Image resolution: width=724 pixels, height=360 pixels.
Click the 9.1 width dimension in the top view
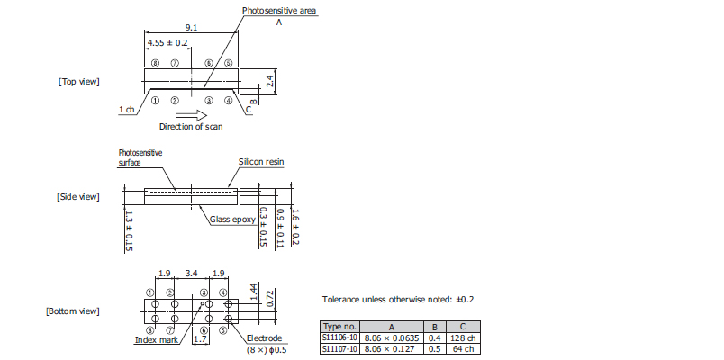(191, 27)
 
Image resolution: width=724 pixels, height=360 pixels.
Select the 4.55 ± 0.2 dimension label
(167, 43)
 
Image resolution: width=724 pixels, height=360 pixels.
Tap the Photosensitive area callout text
(279, 10)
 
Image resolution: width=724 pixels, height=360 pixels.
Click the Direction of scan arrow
(191, 115)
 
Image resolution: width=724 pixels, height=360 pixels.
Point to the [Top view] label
(79, 82)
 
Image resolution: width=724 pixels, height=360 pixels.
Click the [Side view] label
(78, 197)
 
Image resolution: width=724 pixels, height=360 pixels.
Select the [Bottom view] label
(73, 311)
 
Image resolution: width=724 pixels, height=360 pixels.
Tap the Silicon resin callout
(261, 161)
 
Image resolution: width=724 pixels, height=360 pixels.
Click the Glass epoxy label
(232, 220)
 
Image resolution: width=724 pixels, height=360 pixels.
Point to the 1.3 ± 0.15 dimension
(129, 231)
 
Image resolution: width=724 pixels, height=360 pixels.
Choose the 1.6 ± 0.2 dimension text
(295, 227)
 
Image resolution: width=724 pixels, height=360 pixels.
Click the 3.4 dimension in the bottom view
(191, 274)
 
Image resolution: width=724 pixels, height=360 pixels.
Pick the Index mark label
(157, 340)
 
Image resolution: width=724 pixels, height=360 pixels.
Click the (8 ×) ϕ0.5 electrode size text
(267, 349)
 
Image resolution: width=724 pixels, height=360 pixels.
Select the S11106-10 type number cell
(339, 337)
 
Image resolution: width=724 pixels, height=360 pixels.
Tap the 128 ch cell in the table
(463, 337)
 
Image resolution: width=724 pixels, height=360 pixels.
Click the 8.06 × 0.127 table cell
(392, 349)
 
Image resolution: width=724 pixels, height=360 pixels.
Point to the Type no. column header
(339, 327)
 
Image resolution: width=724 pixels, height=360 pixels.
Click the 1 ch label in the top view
(126, 110)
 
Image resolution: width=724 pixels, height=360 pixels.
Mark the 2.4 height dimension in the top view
(270, 81)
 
